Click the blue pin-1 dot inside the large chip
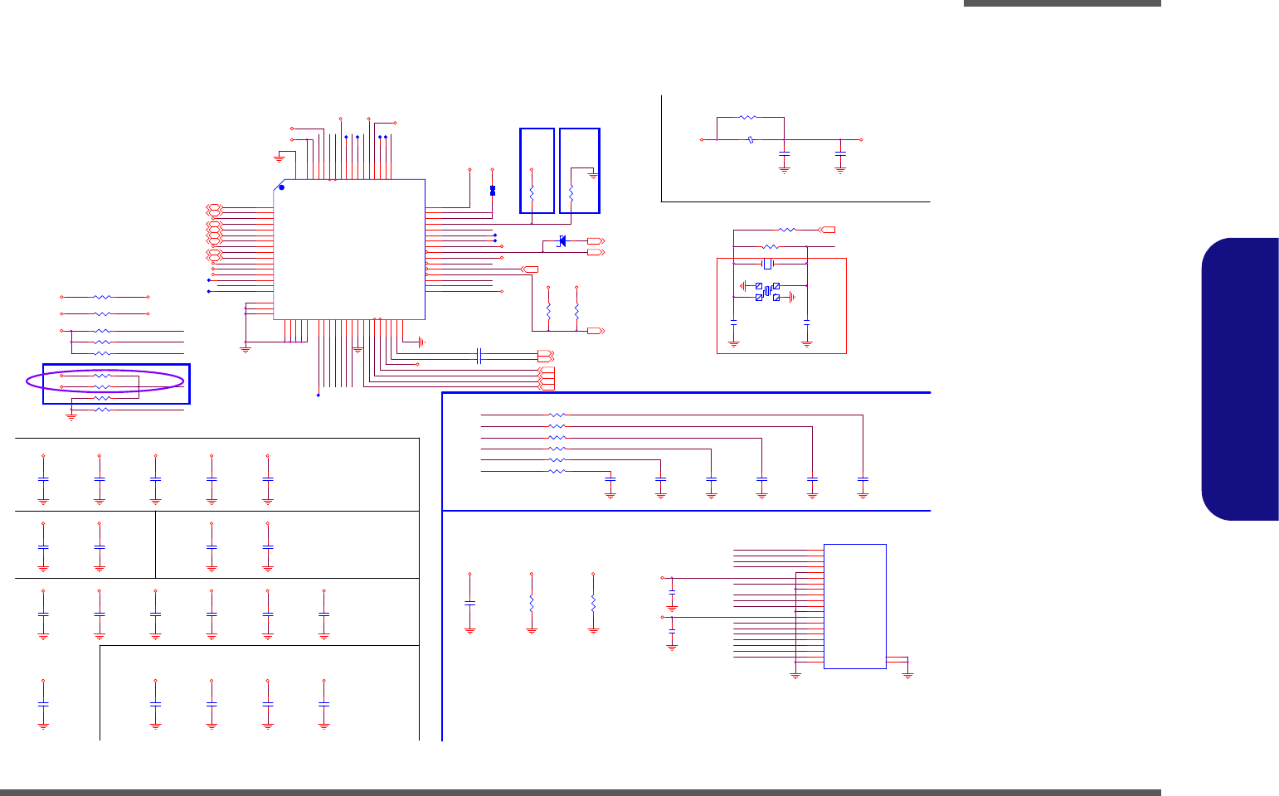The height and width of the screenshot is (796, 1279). [281, 187]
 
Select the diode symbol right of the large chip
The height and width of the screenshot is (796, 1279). [562, 240]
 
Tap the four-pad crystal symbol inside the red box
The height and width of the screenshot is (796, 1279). [767, 291]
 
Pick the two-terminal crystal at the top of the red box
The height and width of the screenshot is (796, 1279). [768, 264]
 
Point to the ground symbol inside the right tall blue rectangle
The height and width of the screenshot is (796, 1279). [593, 174]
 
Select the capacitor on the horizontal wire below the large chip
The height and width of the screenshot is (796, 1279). [479, 356]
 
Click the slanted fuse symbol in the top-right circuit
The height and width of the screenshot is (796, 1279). [750, 140]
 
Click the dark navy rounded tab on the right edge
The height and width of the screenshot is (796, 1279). [1241, 379]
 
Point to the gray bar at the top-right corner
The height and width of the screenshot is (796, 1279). [1062, 3]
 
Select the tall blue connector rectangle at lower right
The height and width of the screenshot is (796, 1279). [854, 606]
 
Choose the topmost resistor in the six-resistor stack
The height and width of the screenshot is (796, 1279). [557, 415]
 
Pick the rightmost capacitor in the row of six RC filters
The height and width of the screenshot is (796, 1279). [863, 479]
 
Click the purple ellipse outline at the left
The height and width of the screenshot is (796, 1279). [105, 381]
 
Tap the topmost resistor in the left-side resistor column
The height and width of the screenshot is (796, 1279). [102, 297]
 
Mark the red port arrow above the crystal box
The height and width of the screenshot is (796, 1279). [827, 229]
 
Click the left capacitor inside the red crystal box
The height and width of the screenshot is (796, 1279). [734, 321]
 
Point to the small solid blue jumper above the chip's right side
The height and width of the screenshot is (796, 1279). [493, 191]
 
